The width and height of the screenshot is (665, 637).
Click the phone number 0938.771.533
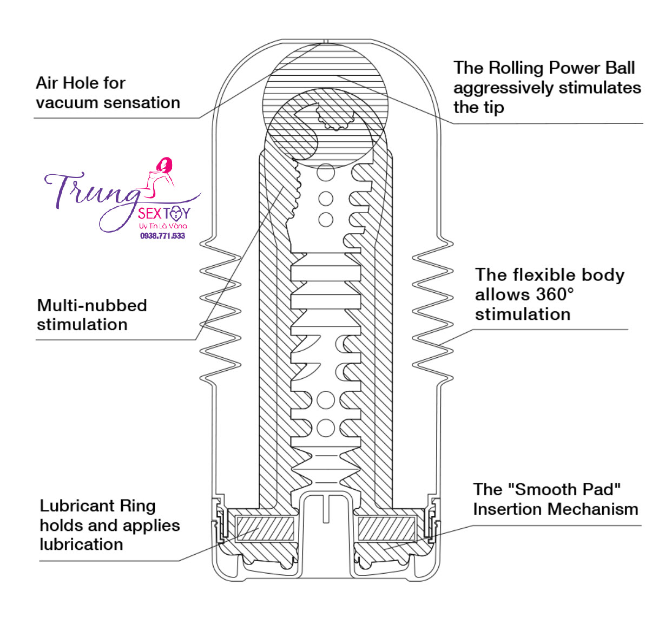[x=162, y=236]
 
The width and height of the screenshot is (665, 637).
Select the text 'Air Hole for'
[x=81, y=83]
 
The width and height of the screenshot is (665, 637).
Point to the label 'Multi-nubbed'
[x=92, y=305]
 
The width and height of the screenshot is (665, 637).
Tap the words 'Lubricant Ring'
[x=98, y=506]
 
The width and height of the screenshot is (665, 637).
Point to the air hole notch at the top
[x=325, y=41]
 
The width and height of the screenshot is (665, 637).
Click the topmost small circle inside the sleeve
[x=326, y=173]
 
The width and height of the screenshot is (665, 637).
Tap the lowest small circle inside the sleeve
[x=326, y=428]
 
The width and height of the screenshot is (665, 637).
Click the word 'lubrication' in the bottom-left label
[x=82, y=544]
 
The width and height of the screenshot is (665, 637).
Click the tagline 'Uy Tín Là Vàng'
[x=163, y=225]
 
